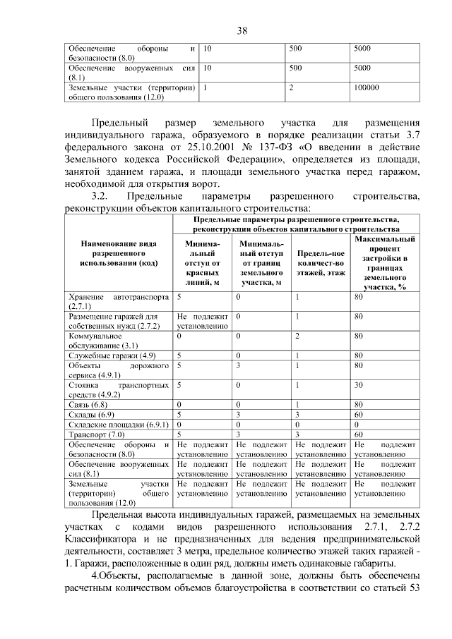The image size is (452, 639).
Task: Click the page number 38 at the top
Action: click(242, 30)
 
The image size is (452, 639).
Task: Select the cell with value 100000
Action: click(367, 87)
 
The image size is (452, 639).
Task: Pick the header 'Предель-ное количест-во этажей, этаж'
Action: click(320, 262)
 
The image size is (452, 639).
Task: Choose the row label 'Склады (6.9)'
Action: click(91, 415)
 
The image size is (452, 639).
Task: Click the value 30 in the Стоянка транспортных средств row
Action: click(359, 385)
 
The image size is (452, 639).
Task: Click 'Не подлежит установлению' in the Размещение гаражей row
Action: click(202, 321)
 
